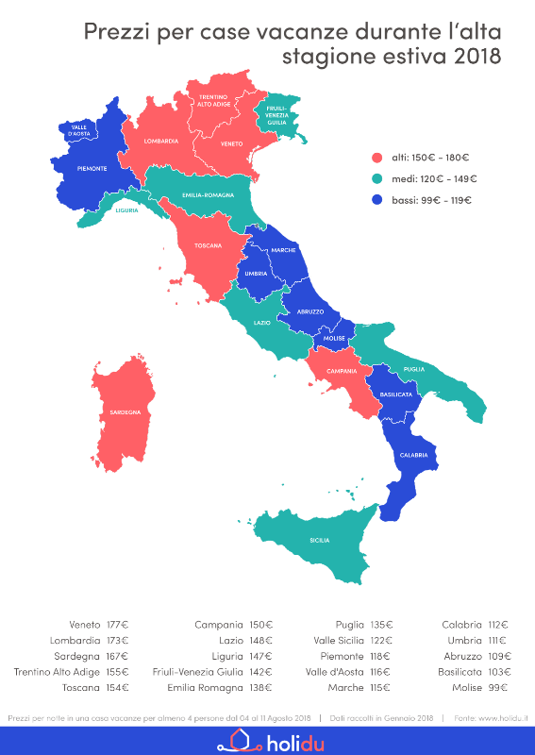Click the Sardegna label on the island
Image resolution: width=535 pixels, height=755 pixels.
tap(125, 412)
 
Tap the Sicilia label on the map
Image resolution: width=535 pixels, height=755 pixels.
tap(320, 541)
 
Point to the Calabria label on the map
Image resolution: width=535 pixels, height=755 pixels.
tap(412, 455)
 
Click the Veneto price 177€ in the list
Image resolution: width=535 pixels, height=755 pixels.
tap(119, 625)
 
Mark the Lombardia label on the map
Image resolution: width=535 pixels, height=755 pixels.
tap(161, 141)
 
